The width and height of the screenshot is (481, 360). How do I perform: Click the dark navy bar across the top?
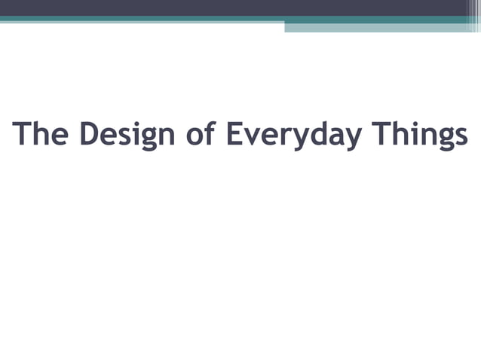(x=226, y=8)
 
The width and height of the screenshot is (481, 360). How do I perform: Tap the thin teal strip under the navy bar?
(x=226, y=19)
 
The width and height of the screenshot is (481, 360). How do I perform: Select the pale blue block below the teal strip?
(x=377, y=27)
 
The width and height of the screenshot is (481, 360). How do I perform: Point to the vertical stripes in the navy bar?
(x=473, y=9)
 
